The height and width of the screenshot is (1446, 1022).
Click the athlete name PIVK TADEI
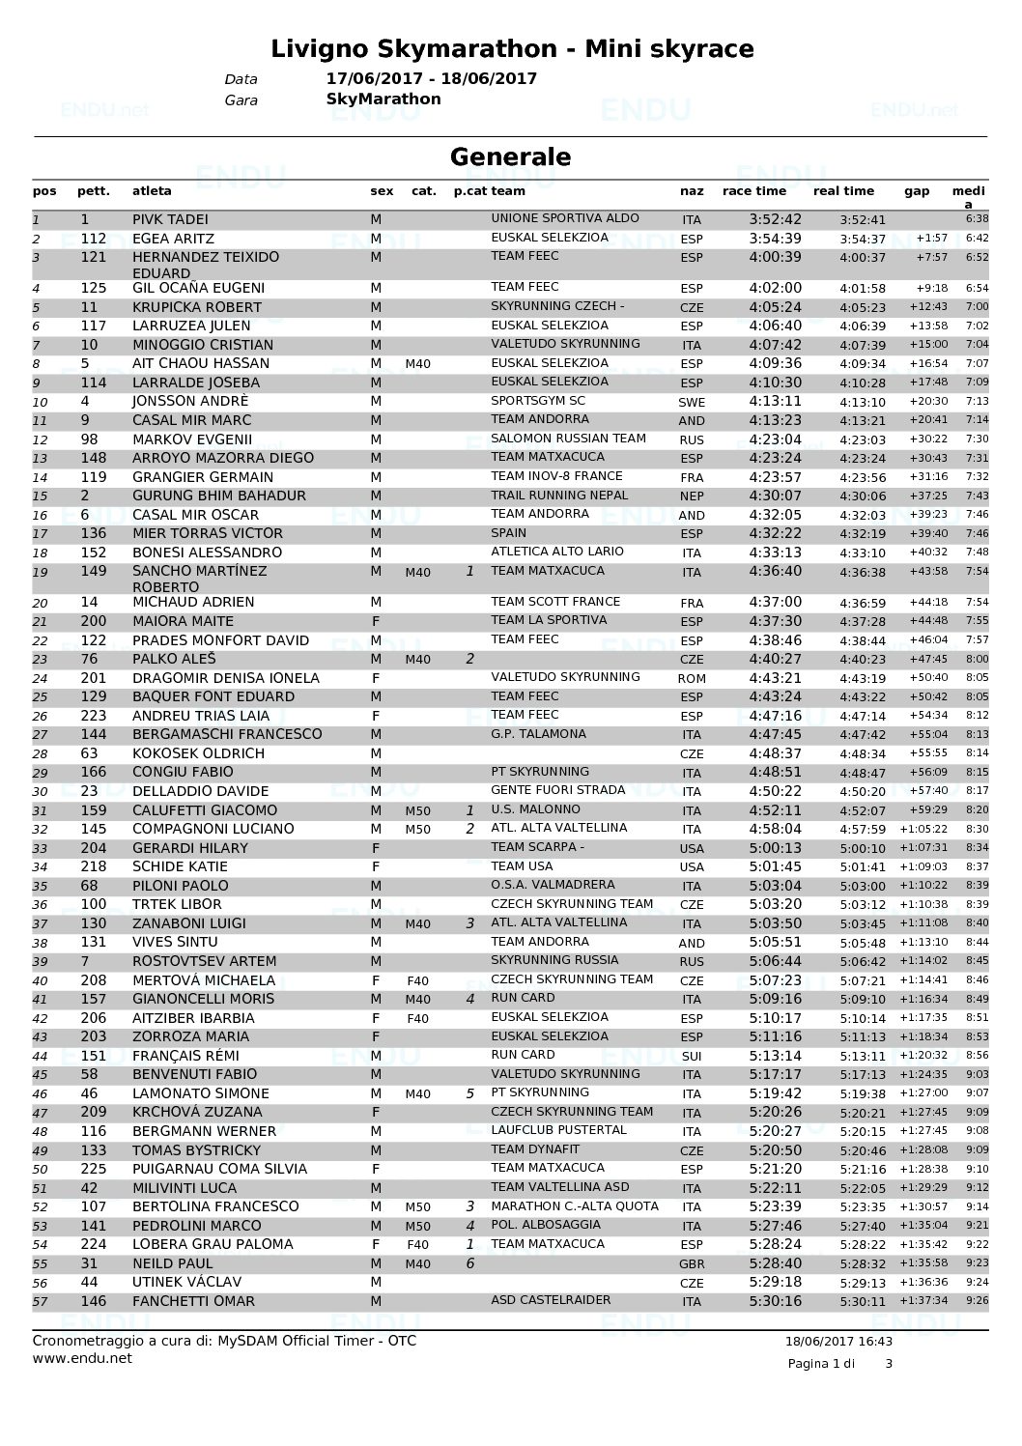170,219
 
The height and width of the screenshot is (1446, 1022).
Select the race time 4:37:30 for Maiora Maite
775,621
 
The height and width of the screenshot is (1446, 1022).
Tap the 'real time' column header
843,191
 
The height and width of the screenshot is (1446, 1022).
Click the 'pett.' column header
93,191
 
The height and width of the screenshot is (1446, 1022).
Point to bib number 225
94,1169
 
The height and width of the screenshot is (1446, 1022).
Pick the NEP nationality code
692,496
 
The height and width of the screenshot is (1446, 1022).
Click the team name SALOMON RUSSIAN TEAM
568,439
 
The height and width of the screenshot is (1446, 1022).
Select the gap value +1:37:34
924,1301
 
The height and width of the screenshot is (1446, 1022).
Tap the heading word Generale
511,156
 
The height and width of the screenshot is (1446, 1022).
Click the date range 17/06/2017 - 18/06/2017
432,79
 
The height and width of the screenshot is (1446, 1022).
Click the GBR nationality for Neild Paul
692,1264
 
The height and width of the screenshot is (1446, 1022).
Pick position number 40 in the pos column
40,981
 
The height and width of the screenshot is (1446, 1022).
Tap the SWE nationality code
692,402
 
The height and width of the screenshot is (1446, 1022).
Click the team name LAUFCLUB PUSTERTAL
558,1130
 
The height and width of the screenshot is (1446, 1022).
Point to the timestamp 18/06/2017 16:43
839,1341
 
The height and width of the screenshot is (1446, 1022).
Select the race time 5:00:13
775,848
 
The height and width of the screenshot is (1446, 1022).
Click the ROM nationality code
692,678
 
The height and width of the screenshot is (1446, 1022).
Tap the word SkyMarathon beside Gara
383,99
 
